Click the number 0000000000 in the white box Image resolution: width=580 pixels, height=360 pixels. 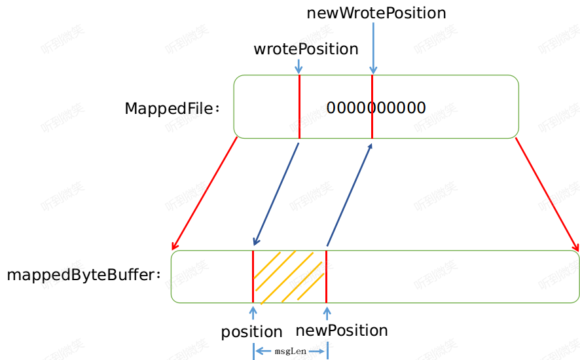[x=376, y=108]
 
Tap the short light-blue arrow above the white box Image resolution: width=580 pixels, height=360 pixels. [x=299, y=66]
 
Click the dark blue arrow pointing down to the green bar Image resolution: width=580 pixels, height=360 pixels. [x=276, y=194]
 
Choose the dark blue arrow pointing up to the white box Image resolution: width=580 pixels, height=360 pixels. [x=350, y=194]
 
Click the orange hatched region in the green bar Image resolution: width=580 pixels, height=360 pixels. [x=289, y=276]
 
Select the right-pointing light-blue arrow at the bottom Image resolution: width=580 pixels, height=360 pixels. [x=317, y=351]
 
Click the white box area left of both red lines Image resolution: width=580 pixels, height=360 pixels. [x=266, y=107]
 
